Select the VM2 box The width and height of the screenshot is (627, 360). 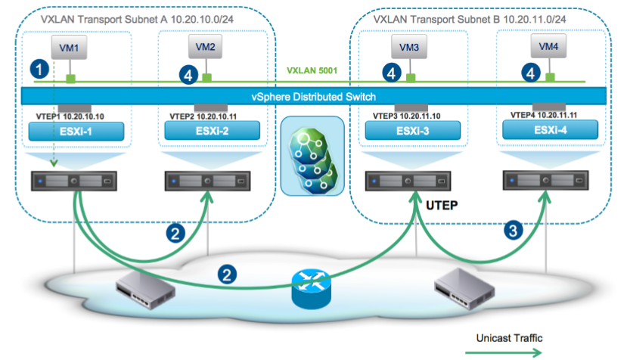point(205,47)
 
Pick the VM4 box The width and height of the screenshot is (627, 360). point(548,47)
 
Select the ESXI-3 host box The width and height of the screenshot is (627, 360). point(408,132)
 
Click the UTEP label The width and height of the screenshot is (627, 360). point(442,205)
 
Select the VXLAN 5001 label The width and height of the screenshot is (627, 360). point(310,73)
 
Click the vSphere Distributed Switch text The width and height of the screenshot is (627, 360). point(313,96)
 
